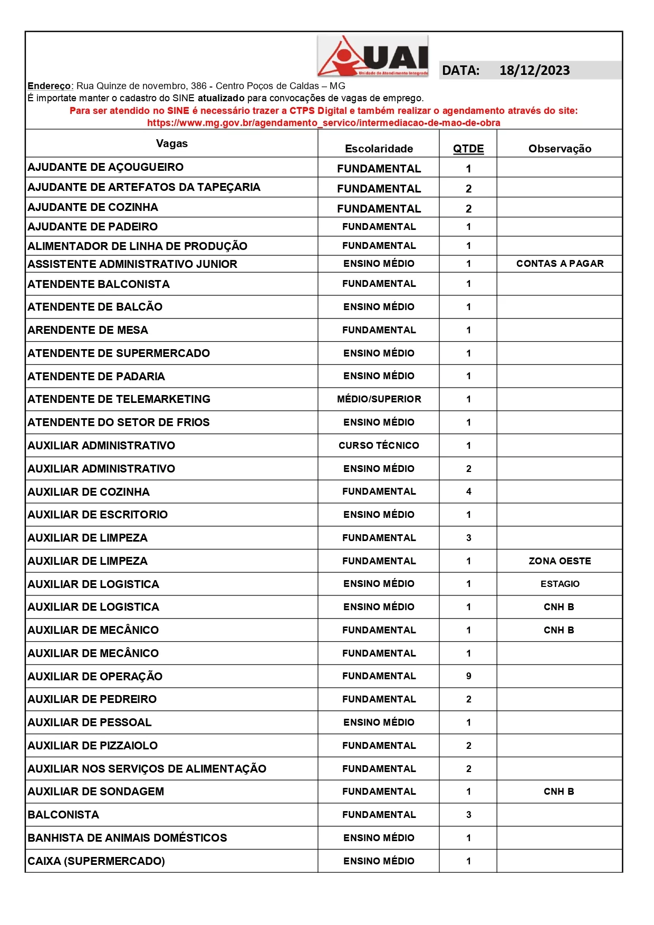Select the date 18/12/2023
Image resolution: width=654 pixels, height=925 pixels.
pyautogui.click(x=534, y=71)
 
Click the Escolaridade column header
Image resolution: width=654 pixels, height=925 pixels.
pyautogui.click(x=379, y=149)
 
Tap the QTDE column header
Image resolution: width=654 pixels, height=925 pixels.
pyautogui.click(x=468, y=149)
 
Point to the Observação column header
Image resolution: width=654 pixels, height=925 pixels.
pyautogui.click(x=560, y=149)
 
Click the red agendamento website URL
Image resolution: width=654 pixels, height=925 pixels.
pyautogui.click(x=323, y=123)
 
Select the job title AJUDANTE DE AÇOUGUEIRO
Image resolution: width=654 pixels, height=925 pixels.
pyautogui.click(x=105, y=167)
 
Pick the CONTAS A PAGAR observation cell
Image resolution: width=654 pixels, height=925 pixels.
pyautogui.click(x=560, y=264)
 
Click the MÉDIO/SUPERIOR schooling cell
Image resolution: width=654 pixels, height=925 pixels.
pyautogui.click(x=379, y=399)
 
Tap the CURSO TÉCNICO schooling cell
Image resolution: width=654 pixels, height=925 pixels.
pyautogui.click(x=379, y=446)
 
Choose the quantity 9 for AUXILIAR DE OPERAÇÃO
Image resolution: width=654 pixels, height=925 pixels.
pyautogui.click(x=468, y=676)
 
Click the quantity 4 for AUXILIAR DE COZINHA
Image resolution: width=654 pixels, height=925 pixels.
pyautogui.click(x=468, y=492)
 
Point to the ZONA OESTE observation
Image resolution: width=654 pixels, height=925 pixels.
pyautogui.click(x=560, y=561)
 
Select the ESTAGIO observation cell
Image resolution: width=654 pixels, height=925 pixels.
pyautogui.click(x=560, y=584)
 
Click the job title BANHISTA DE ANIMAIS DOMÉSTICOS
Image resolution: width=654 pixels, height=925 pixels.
pyautogui.click(x=127, y=838)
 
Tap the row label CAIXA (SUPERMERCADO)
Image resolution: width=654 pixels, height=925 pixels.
pyautogui.click(x=96, y=861)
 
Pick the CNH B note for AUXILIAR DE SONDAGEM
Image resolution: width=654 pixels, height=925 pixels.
pyautogui.click(x=559, y=792)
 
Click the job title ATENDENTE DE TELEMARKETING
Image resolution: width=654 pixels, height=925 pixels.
pyautogui.click(x=119, y=399)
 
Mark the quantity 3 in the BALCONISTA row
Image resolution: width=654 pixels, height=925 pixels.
pyautogui.click(x=468, y=815)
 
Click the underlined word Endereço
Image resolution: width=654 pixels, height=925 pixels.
pyautogui.click(x=50, y=86)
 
